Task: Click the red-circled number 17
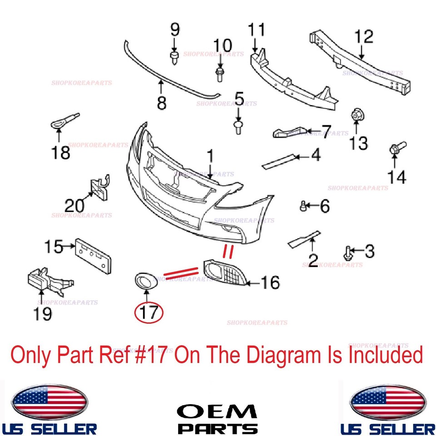point(149,312)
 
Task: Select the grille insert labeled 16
point(225,273)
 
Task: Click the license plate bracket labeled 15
point(93,256)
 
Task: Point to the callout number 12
point(364,37)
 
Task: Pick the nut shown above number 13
point(357,115)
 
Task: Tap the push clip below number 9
point(174,58)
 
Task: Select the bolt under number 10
point(220,74)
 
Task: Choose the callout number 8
point(162,103)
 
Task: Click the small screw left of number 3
point(347,253)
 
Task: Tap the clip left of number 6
point(303,206)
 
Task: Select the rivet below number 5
point(238,127)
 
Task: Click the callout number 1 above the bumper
point(210,156)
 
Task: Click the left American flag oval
point(50,401)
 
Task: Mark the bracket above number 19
point(50,281)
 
